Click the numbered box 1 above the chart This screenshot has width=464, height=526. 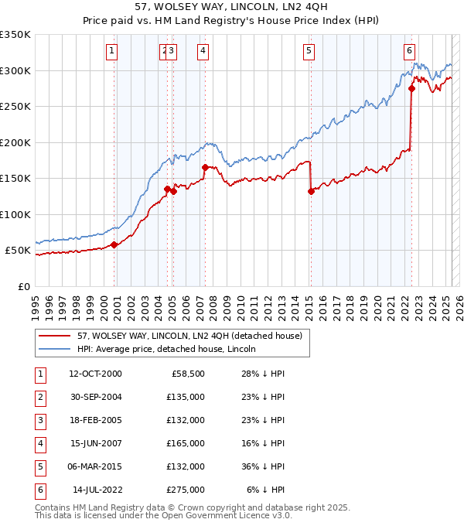(112, 52)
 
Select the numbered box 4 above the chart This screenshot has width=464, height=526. (202, 52)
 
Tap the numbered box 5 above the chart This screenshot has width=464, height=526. (309, 52)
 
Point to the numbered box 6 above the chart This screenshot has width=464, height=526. (408, 52)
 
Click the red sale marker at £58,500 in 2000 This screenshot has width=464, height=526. (114, 244)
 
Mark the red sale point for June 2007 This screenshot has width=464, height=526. (205, 167)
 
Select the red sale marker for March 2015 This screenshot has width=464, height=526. (311, 191)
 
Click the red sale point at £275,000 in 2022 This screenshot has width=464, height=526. (411, 88)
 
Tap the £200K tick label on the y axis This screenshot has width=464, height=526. (15, 142)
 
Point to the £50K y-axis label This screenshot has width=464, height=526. (19, 251)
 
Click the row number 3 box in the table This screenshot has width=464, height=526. (39, 421)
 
